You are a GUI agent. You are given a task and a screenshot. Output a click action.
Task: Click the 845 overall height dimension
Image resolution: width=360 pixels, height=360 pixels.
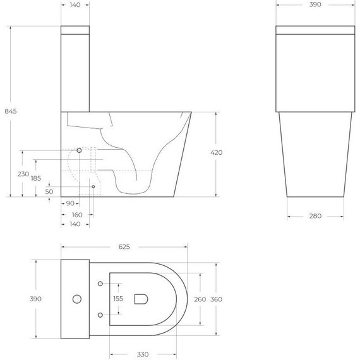[10, 111]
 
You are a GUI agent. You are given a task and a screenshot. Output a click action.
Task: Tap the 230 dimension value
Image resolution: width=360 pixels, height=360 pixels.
[23, 174]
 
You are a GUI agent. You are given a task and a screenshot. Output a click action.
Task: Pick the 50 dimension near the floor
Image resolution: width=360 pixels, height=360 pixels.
[49, 191]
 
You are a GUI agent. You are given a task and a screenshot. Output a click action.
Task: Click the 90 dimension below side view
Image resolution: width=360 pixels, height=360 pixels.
[69, 203]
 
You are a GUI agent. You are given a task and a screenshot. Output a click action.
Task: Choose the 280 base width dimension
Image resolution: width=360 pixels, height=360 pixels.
[315, 216]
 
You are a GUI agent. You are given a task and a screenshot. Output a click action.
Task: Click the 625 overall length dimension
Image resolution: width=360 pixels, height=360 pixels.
[124, 247]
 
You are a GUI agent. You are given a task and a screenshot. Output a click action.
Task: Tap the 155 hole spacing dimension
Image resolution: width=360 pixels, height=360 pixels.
[117, 299]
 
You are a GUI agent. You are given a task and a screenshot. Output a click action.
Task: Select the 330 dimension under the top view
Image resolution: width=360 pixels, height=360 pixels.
[143, 354]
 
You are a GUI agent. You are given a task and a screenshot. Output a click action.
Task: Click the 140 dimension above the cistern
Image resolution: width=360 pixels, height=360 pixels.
[75, 4]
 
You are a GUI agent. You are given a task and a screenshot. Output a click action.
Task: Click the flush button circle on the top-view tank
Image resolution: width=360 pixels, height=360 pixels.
[77, 298]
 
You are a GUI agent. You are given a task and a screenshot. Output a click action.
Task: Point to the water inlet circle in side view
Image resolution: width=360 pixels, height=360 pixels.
[79, 151]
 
